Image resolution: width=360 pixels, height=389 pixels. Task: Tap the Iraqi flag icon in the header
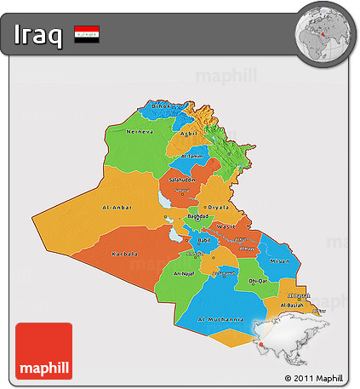87,35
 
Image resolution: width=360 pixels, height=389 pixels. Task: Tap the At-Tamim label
194,157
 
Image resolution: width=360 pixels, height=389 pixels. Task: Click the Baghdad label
197,217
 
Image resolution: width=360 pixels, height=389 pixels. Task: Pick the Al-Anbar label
118,207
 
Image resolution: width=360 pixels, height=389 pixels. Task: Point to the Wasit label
226,226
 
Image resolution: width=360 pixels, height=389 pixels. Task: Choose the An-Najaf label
184,274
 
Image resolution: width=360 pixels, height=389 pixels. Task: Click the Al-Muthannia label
221,320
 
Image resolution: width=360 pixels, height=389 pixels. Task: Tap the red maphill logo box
43,351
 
